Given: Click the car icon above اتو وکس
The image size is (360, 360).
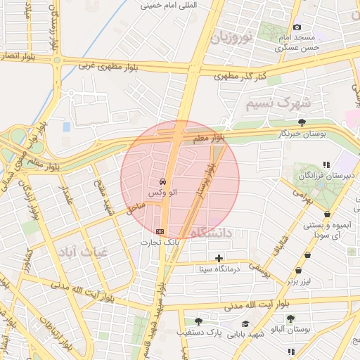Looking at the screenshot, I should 163,181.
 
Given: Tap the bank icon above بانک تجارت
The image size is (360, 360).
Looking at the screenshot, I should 160,231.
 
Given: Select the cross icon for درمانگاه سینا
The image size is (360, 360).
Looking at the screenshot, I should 219,259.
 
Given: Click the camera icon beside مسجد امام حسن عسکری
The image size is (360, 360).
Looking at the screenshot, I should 297,27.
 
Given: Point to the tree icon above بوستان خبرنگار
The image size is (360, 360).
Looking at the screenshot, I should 302,122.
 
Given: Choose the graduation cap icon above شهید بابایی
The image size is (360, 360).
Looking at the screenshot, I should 245,323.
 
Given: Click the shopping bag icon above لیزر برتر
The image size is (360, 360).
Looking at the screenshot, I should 300,271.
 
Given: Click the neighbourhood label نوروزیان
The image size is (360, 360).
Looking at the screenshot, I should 231,38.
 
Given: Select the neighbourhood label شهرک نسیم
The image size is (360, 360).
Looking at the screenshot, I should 278,103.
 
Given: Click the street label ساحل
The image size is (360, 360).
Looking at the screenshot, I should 136,206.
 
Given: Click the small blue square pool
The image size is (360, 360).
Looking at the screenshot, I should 66,127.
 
